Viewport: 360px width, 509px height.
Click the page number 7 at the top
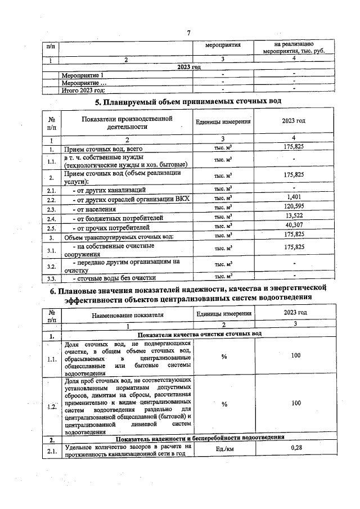(188, 32)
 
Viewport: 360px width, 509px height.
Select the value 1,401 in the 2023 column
(294, 197)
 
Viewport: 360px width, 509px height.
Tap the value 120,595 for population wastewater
(294, 208)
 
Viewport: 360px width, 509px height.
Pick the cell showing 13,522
(294, 217)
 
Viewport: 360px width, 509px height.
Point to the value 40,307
(294, 227)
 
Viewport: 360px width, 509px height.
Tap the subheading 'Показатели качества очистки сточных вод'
(191, 334)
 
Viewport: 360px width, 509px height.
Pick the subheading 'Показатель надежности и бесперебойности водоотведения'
(200, 438)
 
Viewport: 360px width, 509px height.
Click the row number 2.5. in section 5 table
(51, 228)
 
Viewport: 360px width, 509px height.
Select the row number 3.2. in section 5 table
(51, 265)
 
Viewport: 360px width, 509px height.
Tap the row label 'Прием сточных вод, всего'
(99, 149)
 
